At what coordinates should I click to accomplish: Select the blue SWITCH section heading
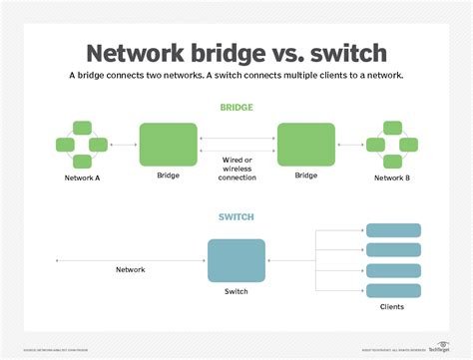(237, 217)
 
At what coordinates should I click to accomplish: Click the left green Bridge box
(169, 145)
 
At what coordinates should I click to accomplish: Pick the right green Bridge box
(306, 145)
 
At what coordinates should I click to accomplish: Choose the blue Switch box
(236, 261)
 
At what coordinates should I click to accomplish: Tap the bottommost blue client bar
(392, 290)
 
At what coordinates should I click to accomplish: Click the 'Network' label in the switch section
(131, 270)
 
